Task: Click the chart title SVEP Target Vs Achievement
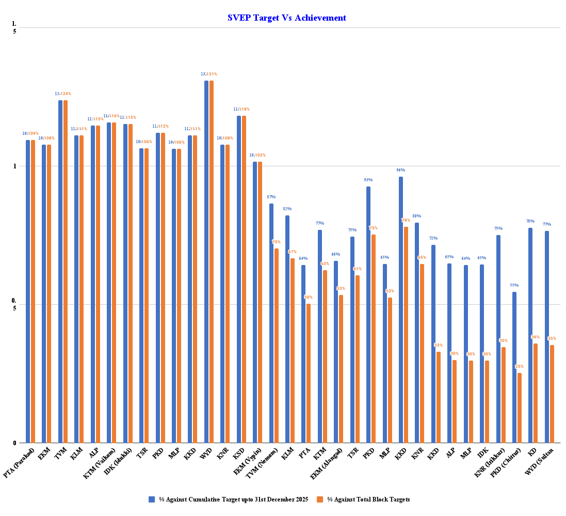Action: (x=286, y=18)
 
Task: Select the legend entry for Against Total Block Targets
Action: (x=368, y=499)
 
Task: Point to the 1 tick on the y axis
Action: (x=14, y=166)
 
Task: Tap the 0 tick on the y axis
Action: (x=14, y=443)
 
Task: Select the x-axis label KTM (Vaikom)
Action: (x=100, y=462)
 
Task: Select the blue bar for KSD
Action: (x=239, y=279)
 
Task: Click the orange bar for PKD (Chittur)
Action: (x=520, y=408)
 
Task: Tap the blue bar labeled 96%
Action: (x=401, y=309)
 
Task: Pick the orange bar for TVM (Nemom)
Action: (x=277, y=346)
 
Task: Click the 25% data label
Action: (x=520, y=366)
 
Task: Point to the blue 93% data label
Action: (x=368, y=180)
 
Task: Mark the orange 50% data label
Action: (x=309, y=297)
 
